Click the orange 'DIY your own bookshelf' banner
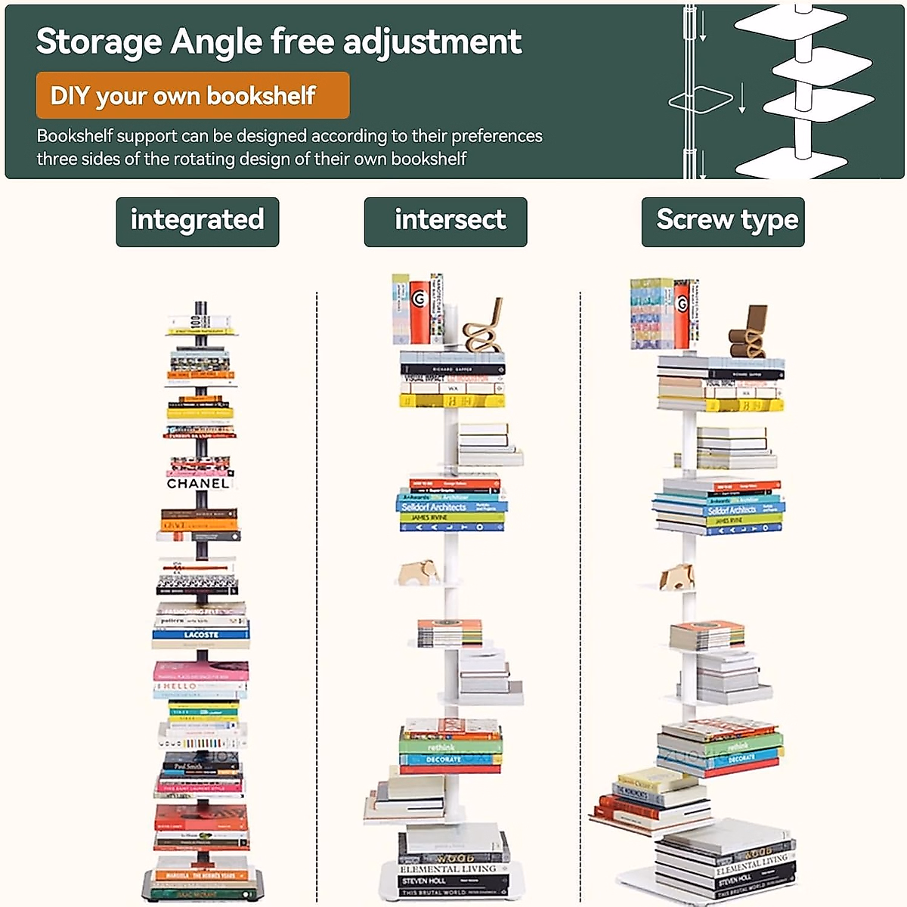(192, 95)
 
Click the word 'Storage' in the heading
(98, 42)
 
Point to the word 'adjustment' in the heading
(432, 42)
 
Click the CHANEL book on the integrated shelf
(198, 483)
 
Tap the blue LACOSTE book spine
(201, 635)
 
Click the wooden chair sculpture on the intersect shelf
(484, 329)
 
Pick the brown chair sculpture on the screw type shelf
(748, 333)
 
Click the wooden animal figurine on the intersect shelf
(419, 571)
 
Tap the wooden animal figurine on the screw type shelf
(677, 576)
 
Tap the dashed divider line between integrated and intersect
(317, 590)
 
